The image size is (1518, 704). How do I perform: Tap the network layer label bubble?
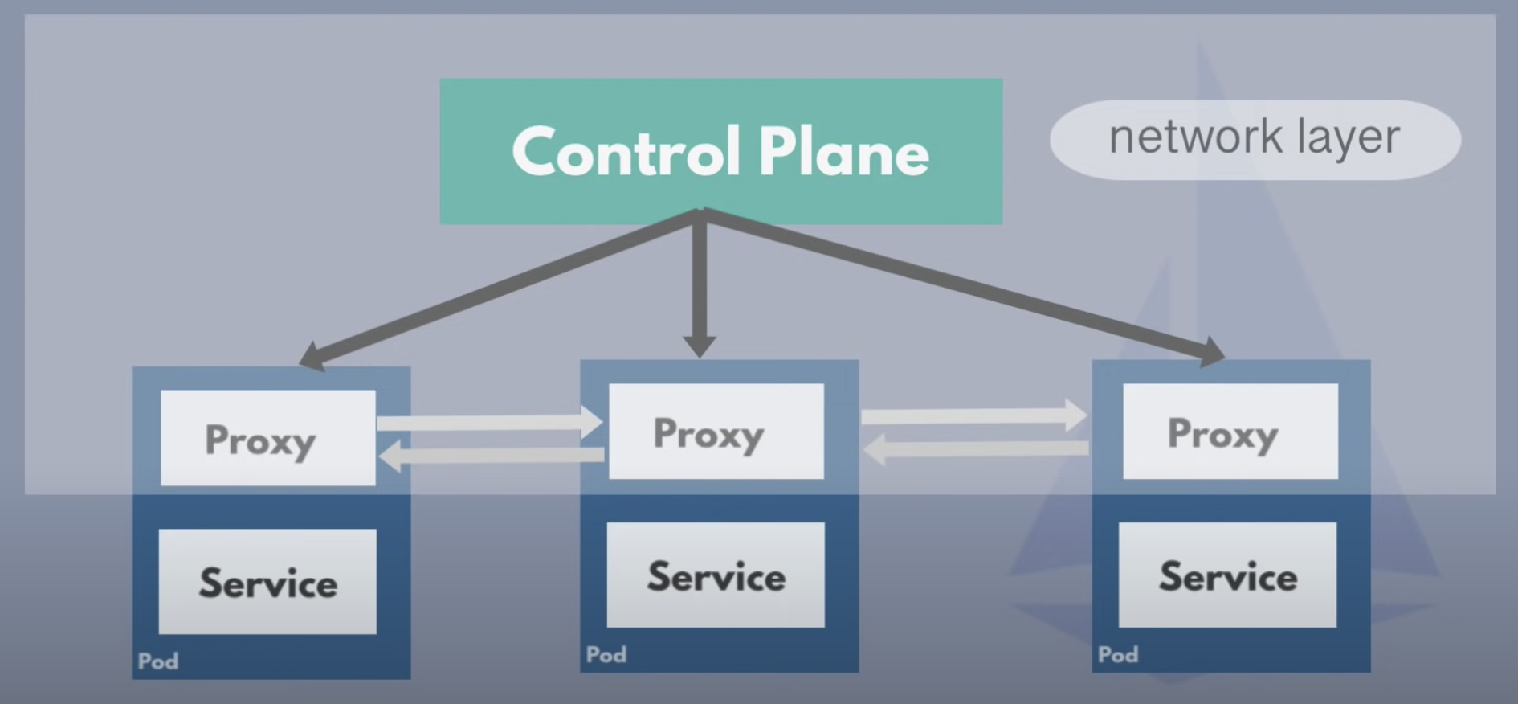pyautogui.click(x=1255, y=139)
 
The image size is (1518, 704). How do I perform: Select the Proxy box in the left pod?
pyautogui.click(x=267, y=438)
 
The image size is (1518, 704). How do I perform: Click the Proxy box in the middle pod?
pyautogui.click(x=716, y=432)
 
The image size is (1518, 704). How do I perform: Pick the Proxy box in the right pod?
pyautogui.click(x=1230, y=432)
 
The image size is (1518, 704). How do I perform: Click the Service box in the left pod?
pyautogui.click(x=267, y=581)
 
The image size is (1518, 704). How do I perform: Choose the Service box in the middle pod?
pyautogui.click(x=716, y=575)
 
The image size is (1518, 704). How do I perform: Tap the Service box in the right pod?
pyautogui.click(x=1227, y=575)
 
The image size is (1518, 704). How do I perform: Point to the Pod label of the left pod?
pyautogui.click(x=158, y=661)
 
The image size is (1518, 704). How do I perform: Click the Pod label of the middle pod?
pyautogui.click(x=606, y=655)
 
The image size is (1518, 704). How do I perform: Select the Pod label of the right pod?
pyautogui.click(x=1118, y=655)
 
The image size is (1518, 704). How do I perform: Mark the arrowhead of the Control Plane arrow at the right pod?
pyautogui.click(x=1211, y=352)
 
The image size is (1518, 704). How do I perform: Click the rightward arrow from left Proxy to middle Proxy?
pyautogui.click(x=490, y=423)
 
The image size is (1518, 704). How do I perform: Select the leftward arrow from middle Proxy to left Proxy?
pyautogui.click(x=490, y=456)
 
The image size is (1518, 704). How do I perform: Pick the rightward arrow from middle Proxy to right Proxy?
pyautogui.click(x=974, y=416)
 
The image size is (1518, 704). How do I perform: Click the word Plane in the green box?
pyautogui.click(x=843, y=152)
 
